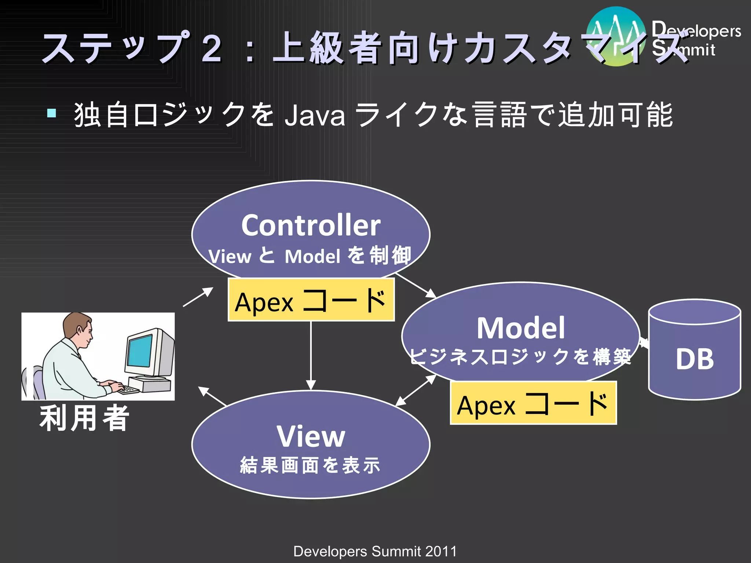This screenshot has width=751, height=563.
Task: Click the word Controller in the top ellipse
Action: (x=311, y=225)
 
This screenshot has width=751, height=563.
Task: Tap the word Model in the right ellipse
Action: (x=520, y=328)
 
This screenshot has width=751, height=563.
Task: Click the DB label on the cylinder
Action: (x=695, y=359)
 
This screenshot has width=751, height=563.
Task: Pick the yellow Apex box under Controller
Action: (x=311, y=300)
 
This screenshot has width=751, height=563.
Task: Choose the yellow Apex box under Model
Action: (x=533, y=403)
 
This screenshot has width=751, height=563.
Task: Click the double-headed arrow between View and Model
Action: (x=416, y=391)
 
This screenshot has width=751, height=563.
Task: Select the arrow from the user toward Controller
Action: (x=198, y=297)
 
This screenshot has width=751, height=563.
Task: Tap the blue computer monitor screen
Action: (x=139, y=350)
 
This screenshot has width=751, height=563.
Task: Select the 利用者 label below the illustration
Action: (x=84, y=419)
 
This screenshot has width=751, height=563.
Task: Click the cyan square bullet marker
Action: (x=52, y=113)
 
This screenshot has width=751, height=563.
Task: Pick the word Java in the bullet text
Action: (x=315, y=116)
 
